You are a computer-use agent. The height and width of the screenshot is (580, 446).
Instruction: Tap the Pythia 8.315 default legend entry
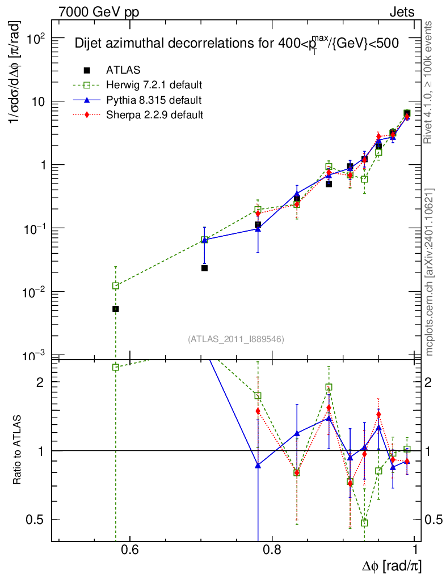point(154,100)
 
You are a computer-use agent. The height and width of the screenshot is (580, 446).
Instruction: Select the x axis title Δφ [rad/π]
point(392,566)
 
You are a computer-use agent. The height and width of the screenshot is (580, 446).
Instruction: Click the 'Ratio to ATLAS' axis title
point(18,451)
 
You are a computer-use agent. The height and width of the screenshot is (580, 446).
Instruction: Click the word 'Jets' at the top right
point(402,12)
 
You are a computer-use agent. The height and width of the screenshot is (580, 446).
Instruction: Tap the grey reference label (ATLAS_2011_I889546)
point(235,339)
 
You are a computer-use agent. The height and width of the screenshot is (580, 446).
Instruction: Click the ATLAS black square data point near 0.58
point(116,309)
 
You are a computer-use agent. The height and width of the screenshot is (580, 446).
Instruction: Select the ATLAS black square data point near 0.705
point(204,268)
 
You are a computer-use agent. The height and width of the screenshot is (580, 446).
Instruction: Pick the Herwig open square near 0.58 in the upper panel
point(116,286)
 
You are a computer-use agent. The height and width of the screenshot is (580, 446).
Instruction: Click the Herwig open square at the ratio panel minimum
point(364,523)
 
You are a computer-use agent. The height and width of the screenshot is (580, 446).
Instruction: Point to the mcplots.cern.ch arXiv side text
point(430,272)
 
